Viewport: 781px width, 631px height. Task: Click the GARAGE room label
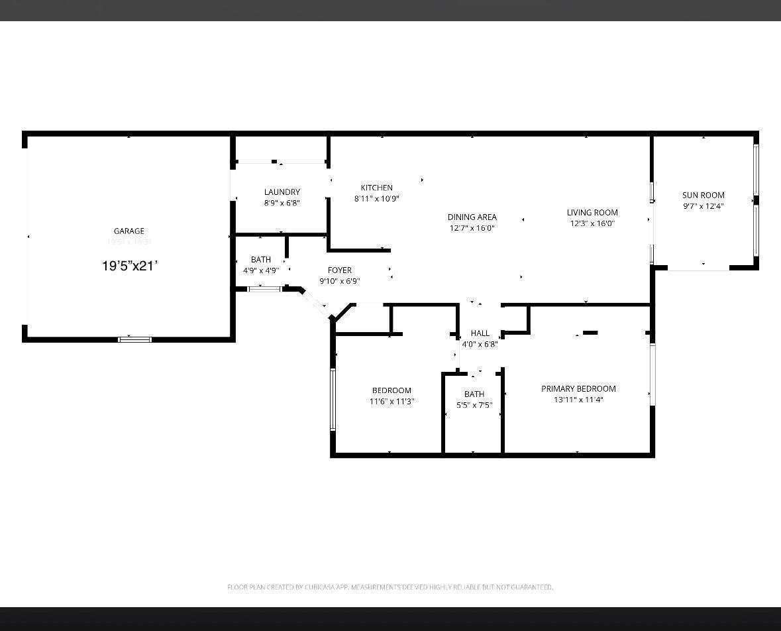(129, 231)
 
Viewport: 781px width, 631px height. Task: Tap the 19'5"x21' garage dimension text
(129, 266)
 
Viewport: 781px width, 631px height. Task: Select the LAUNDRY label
(282, 192)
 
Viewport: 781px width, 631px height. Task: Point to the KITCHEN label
(376, 188)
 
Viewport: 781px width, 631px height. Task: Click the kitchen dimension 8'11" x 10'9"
(376, 198)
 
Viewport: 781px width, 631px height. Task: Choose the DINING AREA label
(472, 217)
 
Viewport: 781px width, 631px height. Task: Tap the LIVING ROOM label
(592, 213)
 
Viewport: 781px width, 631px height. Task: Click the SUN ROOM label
(703, 195)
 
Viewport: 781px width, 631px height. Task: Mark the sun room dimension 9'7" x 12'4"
(703, 205)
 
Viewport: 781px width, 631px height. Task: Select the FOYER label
(339, 270)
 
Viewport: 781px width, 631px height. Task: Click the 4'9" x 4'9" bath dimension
(260, 270)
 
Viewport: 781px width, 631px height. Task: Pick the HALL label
(480, 333)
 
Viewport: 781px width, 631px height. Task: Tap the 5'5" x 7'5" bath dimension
(474, 405)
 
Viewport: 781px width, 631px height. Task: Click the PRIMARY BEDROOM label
(578, 389)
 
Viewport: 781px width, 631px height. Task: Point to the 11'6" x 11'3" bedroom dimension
(391, 401)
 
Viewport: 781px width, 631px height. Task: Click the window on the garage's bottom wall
(134, 339)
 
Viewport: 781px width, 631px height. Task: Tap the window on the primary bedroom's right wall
(652, 374)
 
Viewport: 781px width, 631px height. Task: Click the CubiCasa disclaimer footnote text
(390, 587)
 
